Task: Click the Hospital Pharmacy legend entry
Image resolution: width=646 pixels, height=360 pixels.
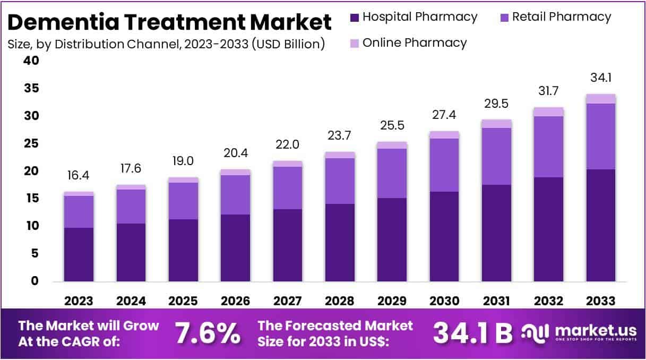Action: tap(414, 17)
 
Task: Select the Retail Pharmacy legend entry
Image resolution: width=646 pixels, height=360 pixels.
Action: tap(555, 17)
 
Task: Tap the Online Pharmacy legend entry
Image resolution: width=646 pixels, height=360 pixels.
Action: tap(409, 42)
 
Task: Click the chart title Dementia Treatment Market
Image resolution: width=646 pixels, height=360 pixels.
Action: tap(170, 22)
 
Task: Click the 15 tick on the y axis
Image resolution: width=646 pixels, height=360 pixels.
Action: tap(32, 199)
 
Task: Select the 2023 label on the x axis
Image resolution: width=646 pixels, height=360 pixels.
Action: tap(79, 301)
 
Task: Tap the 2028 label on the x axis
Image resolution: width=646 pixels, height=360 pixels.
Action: tap(340, 301)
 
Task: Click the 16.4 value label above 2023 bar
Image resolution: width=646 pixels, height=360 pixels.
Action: tap(79, 176)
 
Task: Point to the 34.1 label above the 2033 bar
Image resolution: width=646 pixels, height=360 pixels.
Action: tap(601, 78)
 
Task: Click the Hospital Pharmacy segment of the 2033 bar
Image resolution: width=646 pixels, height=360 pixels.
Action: tap(601, 225)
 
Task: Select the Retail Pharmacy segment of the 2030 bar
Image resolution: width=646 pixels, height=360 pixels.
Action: tap(444, 165)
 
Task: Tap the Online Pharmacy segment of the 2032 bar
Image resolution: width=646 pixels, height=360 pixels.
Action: tap(549, 112)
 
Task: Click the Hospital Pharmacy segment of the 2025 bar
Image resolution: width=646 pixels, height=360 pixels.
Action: tap(183, 250)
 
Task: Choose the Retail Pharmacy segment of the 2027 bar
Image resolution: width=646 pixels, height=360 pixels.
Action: tap(288, 187)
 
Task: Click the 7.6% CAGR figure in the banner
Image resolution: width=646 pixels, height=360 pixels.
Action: tap(208, 333)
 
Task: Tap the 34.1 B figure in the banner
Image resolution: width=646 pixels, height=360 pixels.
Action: tap(473, 333)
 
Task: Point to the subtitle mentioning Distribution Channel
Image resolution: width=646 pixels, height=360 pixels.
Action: tap(166, 44)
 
